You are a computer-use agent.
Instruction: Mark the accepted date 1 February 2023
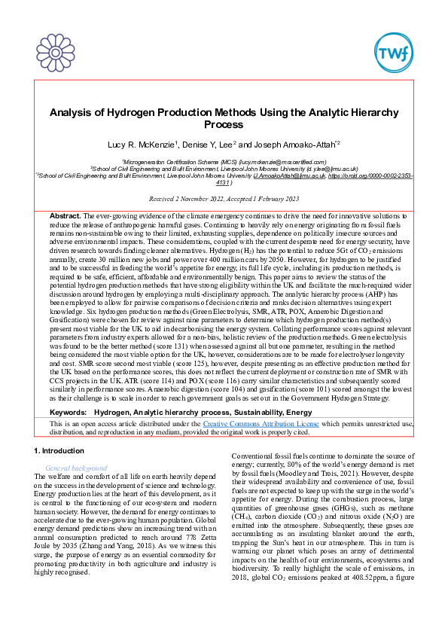[x=272, y=199]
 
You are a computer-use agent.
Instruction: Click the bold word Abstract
[x=64, y=216]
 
